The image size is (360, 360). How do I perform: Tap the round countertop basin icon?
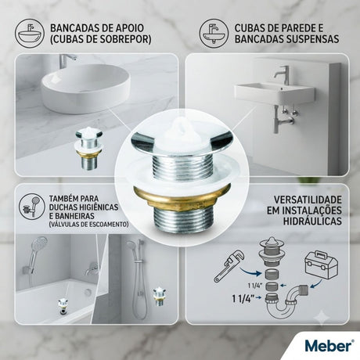pyautogui.click(x=30, y=33)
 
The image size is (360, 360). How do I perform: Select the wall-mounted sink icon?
pyautogui.click(x=214, y=33)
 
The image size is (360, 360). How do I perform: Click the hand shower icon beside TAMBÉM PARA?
pyautogui.click(x=32, y=207)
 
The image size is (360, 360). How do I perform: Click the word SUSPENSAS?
pyautogui.click(x=312, y=39)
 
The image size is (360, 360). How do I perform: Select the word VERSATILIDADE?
pyautogui.click(x=308, y=200)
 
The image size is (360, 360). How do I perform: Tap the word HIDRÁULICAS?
pyautogui.click(x=312, y=221)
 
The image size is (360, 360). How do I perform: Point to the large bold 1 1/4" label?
pyautogui.click(x=242, y=299)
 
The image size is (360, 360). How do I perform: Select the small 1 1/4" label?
pyautogui.click(x=255, y=286)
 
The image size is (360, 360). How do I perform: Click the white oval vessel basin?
pyautogui.click(x=85, y=88)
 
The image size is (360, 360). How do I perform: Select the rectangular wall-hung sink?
pyautogui.click(x=275, y=93)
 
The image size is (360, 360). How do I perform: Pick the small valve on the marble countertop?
pyautogui.click(x=88, y=149)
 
